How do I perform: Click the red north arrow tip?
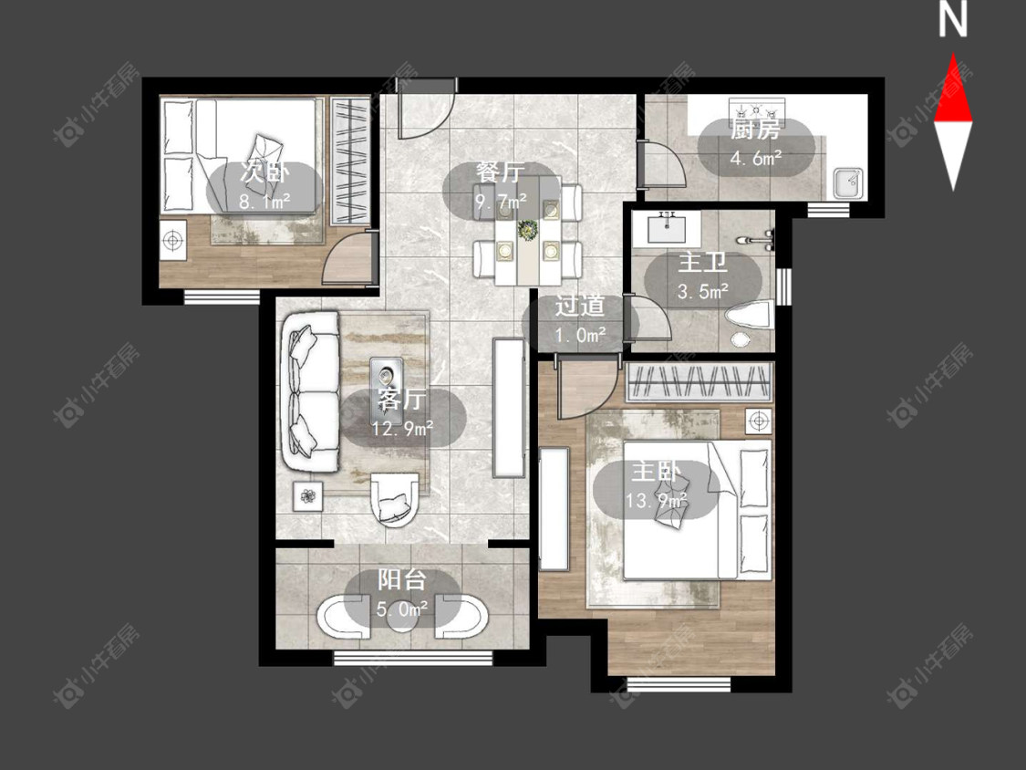click(x=953, y=55)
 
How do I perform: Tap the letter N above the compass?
click(x=953, y=19)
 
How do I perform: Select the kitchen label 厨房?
click(x=755, y=130)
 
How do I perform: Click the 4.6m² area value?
click(x=756, y=158)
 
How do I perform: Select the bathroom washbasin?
click(x=667, y=227)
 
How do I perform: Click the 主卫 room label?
click(x=703, y=263)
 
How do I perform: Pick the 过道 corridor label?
click(x=580, y=307)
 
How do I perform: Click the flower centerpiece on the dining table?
click(x=527, y=230)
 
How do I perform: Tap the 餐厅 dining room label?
click(x=501, y=172)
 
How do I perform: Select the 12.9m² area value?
click(x=402, y=429)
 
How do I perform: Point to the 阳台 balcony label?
click(x=402, y=580)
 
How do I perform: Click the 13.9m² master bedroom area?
click(x=657, y=501)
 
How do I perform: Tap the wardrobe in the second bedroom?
click(x=351, y=161)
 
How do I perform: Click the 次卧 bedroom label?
click(x=264, y=172)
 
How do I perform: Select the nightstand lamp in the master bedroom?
click(x=759, y=421)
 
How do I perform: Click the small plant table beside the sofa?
click(x=307, y=497)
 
